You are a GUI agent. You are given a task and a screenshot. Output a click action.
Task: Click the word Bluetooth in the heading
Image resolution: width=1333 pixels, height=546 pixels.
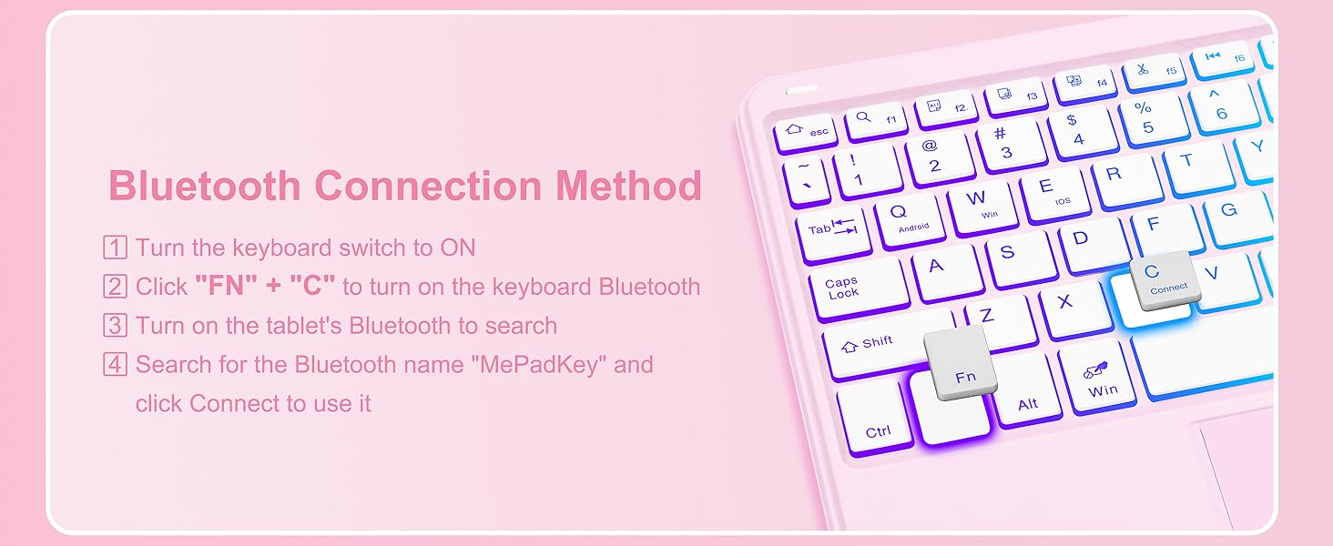204,186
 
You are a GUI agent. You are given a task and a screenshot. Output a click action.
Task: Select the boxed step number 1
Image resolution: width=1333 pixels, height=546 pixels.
115,248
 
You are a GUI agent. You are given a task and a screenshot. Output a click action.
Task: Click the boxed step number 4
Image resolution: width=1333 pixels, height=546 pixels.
115,366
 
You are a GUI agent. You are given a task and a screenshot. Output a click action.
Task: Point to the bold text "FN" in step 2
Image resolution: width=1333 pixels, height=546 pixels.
219,287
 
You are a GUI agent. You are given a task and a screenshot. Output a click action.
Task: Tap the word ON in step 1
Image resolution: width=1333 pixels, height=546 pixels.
457,248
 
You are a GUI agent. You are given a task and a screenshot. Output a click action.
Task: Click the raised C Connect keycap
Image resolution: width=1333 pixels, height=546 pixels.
1164,278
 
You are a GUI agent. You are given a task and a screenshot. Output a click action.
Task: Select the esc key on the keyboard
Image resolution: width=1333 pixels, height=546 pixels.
805,133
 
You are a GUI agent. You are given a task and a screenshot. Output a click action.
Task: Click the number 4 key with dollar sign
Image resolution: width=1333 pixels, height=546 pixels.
1082,131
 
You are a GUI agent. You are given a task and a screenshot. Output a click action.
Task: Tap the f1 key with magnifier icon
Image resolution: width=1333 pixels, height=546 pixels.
876,120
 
